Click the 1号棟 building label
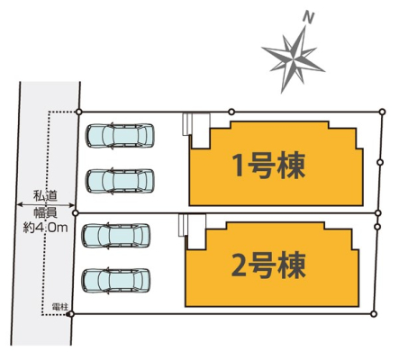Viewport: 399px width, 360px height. coord(269,166)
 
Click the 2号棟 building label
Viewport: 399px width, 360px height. coord(268,265)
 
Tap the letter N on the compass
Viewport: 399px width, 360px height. coord(308,18)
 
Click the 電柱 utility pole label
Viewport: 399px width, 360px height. coord(59,307)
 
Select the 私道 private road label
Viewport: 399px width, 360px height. coord(45,196)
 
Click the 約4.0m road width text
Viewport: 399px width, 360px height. coord(45,228)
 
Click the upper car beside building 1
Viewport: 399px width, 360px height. coord(120,136)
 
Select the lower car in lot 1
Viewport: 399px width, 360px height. coord(120,181)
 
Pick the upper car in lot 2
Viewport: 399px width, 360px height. coord(116,236)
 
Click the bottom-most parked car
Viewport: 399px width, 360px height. coord(116,280)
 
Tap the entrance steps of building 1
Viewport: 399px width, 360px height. coord(187,124)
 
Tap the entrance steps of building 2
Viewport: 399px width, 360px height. coord(183,225)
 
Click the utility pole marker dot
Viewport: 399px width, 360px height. coord(70,314)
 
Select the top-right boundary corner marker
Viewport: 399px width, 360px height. coord(382,112)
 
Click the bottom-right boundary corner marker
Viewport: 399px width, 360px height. coord(374,314)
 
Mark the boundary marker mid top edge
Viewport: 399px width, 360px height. coord(231,112)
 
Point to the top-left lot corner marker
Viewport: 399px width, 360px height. coord(78,112)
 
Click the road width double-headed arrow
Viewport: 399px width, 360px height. coord(46,205)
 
